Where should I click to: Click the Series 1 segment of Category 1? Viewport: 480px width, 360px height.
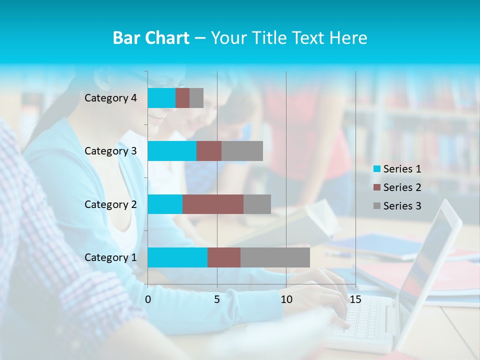pyautogui.click(x=177, y=257)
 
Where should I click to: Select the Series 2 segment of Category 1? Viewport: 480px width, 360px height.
pyautogui.click(x=224, y=257)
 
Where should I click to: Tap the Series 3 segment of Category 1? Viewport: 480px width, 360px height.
pyautogui.click(x=275, y=257)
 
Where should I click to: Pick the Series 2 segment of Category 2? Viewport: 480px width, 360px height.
pyautogui.click(x=213, y=204)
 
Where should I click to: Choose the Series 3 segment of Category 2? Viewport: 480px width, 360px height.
pyautogui.click(x=257, y=204)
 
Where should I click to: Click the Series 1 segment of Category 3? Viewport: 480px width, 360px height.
pyautogui.click(x=172, y=151)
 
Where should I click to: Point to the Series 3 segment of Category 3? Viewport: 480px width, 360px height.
pyautogui.click(x=242, y=151)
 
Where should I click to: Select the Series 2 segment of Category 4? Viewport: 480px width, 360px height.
pyautogui.click(x=182, y=98)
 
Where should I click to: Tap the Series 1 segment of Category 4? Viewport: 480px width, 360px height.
pyautogui.click(x=161, y=98)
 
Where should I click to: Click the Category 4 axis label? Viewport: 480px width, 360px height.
pyautogui.click(x=110, y=98)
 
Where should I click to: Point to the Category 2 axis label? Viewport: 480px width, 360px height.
pyautogui.click(x=110, y=204)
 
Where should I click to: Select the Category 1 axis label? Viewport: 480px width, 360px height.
pyautogui.click(x=110, y=257)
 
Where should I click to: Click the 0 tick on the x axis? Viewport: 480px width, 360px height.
pyautogui.click(x=148, y=299)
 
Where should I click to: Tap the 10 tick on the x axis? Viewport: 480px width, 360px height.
pyautogui.click(x=286, y=299)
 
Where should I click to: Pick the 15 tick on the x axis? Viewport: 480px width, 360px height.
pyautogui.click(x=355, y=299)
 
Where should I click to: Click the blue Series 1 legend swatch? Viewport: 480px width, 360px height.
pyautogui.click(x=376, y=169)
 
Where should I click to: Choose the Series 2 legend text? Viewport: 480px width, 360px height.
pyautogui.click(x=402, y=187)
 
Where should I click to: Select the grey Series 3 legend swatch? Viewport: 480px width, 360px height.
pyautogui.click(x=376, y=206)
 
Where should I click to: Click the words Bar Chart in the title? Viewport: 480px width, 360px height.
pyautogui.click(x=151, y=38)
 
